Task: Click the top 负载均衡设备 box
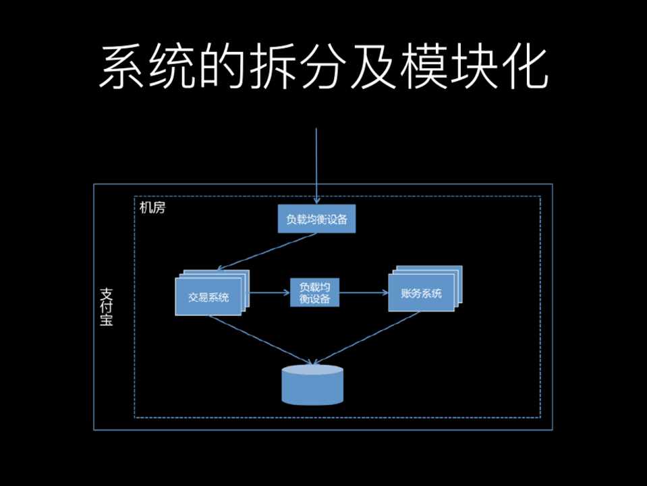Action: [x=316, y=219]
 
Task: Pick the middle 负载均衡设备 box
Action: [x=315, y=293]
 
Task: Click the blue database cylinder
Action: [x=312, y=385]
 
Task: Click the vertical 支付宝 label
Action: [x=106, y=306]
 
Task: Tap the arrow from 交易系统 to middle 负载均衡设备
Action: [x=270, y=293]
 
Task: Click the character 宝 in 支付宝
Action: [x=106, y=321]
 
